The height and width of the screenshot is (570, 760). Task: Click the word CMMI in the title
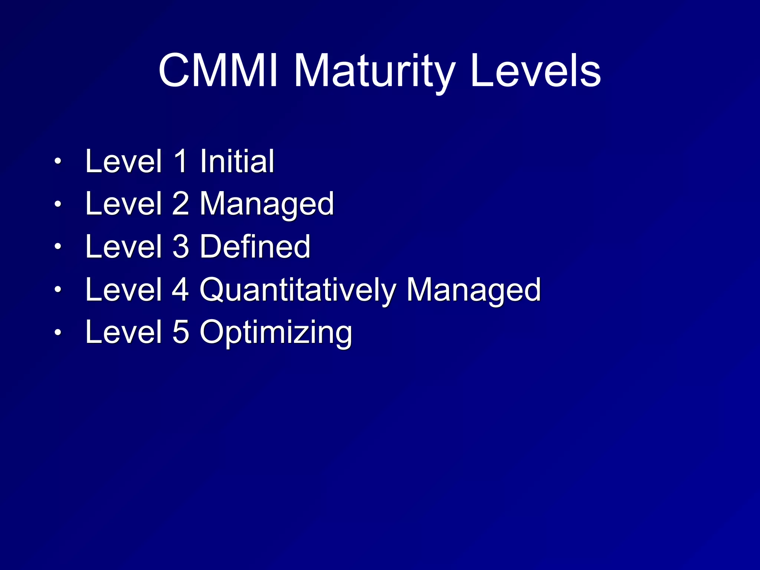pyautogui.click(x=218, y=71)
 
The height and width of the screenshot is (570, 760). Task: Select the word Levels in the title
pyautogui.click(x=535, y=71)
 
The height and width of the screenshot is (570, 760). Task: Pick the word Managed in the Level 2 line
pyautogui.click(x=267, y=204)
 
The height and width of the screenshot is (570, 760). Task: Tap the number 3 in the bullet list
pyautogui.click(x=181, y=246)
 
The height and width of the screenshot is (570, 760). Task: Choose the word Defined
pyautogui.click(x=255, y=246)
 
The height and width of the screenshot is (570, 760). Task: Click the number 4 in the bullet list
pyautogui.click(x=181, y=289)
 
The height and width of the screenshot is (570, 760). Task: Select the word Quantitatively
pyautogui.click(x=298, y=290)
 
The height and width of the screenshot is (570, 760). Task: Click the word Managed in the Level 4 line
pyautogui.click(x=474, y=290)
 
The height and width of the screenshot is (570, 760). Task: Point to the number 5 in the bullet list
pyautogui.click(x=181, y=332)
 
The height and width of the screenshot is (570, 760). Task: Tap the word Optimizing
pyautogui.click(x=276, y=332)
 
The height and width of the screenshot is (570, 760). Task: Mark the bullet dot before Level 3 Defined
pyautogui.click(x=58, y=246)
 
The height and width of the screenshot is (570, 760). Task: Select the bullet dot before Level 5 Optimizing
pyautogui.click(x=58, y=332)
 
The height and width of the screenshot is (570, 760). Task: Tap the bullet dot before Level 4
pyautogui.click(x=58, y=289)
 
